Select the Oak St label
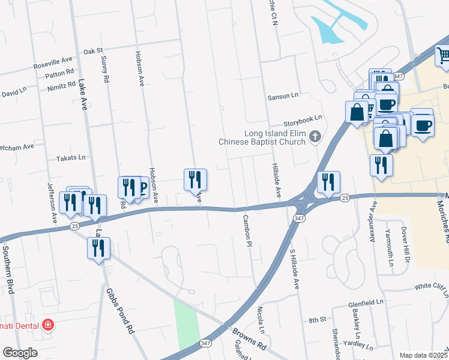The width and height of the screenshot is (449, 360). click(93, 52)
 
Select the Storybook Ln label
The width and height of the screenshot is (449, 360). click(303, 119)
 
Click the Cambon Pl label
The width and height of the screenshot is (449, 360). click(246, 229)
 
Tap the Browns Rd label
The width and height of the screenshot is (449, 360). click(249, 338)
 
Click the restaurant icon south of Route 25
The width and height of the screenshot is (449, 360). click(98, 248)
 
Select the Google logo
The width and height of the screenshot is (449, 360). click(20, 353)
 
